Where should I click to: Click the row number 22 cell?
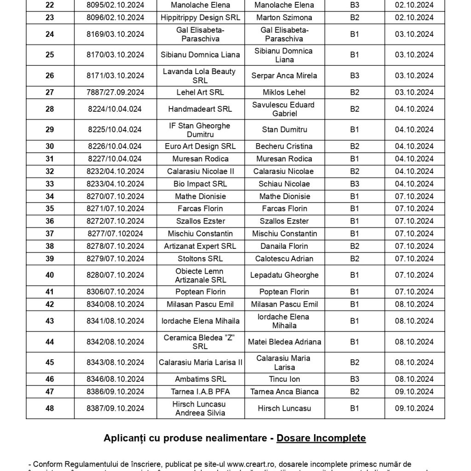(50, 5)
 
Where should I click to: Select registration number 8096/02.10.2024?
(116, 17)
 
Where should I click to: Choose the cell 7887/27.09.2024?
(116, 92)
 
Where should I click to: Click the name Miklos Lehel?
(284, 92)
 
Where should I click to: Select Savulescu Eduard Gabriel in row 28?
(284, 109)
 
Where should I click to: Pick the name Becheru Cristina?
(284, 146)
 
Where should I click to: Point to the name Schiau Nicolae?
(284, 184)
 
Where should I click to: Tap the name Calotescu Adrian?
(284, 258)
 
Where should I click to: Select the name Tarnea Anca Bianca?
(284, 392)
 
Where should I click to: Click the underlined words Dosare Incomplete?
(321, 438)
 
